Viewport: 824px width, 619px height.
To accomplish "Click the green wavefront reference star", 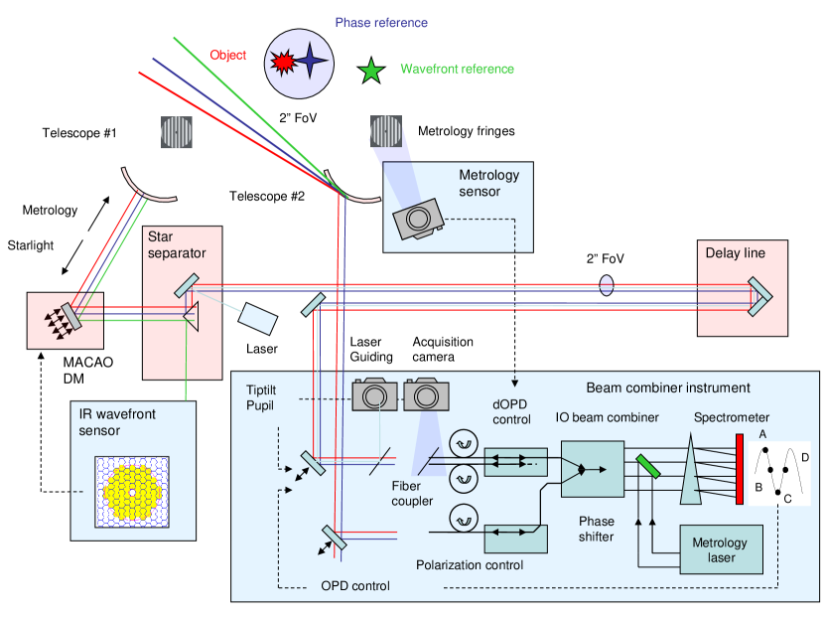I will pyautogui.click(x=371, y=71).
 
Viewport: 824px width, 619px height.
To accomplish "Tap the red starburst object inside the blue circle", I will pyautogui.click(x=283, y=65).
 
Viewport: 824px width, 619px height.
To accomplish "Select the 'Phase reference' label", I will pyautogui.click(x=381, y=23).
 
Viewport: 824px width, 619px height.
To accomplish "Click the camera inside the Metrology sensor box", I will pyautogui.click(x=418, y=219).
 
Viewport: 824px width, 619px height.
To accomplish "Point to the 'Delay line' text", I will pyautogui.click(x=735, y=253).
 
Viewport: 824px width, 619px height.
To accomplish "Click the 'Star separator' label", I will pyautogui.click(x=177, y=245).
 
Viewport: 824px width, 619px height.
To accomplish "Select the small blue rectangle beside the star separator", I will pyautogui.click(x=258, y=319).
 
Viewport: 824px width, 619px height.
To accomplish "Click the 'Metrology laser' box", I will pyautogui.click(x=721, y=549).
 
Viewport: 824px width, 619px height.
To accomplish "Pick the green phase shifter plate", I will pyautogui.click(x=647, y=465).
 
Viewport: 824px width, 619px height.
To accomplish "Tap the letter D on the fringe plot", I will pyautogui.click(x=805, y=457).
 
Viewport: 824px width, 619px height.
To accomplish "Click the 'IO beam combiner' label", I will pyautogui.click(x=607, y=417).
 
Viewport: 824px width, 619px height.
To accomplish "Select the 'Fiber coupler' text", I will pyautogui.click(x=411, y=494).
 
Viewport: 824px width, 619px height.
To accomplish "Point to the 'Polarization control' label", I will pyautogui.click(x=470, y=565).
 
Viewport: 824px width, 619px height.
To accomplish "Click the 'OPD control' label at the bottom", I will pyautogui.click(x=354, y=586).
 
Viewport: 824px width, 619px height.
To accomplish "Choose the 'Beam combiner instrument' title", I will pyautogui.click(x=668, y=387).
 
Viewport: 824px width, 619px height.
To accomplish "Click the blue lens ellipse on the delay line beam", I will pyautogui.click(x=607, y=286).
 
